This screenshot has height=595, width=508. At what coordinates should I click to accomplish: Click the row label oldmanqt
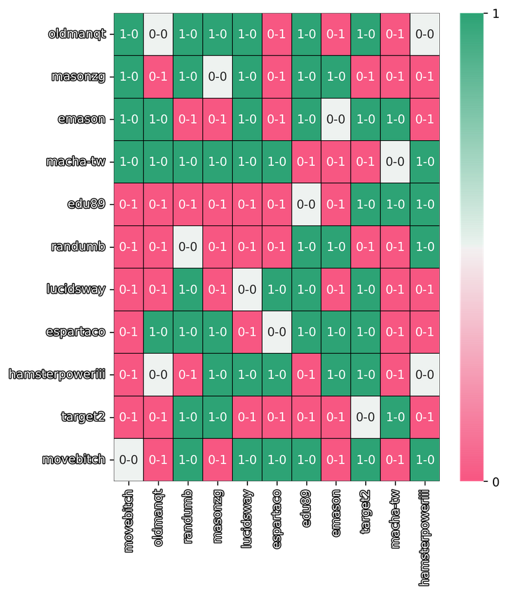pos(77,34)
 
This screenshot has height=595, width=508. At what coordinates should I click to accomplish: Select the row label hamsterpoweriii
pos(57,374)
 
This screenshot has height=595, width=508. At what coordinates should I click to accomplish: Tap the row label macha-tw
pos(75,161)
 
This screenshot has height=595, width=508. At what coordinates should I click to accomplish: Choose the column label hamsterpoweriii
pos(425,537)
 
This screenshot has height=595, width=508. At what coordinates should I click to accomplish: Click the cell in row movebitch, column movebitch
pos(129,459)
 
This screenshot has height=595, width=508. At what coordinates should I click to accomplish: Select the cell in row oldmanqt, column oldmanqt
pos(158,34)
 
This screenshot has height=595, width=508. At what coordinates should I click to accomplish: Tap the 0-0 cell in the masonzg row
pos(218,76)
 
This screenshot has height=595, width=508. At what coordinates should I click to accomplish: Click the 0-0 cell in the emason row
pos(336,119)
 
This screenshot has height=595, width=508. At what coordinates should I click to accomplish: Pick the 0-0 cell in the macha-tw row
pos(395,161)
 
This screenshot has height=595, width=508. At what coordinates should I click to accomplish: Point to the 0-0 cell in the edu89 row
pos(306,204)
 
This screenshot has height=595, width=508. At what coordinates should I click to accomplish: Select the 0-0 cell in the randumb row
pos(188,247)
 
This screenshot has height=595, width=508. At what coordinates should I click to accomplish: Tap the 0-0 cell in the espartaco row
pos(276,332)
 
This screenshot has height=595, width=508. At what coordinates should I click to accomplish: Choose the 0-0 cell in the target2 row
pos(366,416)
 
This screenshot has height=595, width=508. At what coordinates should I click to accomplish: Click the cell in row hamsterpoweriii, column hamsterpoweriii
pos(425,374)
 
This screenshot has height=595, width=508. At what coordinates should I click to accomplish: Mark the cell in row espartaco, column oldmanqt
pos(158,332)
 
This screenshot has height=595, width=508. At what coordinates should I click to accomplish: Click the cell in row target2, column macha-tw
pos(395,416)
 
